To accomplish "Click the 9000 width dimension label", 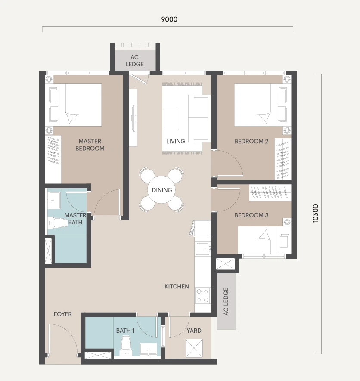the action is pyautogui.click(x=169, y=19).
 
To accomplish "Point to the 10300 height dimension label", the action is pyautogui.click(x=315, y=214).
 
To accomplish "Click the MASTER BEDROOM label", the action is pyautogui.click(x=90, y=145).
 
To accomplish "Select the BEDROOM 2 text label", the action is pyautogui.click(x=251, y=141).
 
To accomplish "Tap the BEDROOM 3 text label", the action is pyautogui.click(x=251, y=215).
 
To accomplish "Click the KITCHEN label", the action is pyautogui.click(x=177, y=286).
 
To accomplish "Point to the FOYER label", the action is pyautogui.click(x=63, y=314).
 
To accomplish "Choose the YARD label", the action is pyautogui.click(x=194, y=331).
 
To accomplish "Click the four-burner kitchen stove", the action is pyautogui.click(x=203, y=295).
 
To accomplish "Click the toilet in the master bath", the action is pyautogui.click(x=57, y=223).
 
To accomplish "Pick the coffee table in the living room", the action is pyautogui.click(x=171, y=119).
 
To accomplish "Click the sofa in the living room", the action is pyautogui.click(x=199, y=118).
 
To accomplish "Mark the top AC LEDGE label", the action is pyautogui.click(x=134, y=61).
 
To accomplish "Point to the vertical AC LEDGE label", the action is pyautogui.click(x=226, y=301).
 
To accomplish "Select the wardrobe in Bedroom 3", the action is pyautogui.click(x=270, y=192).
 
